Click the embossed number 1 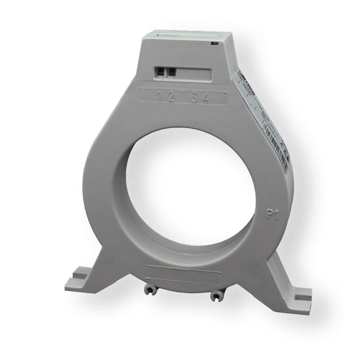[x=160, y=97]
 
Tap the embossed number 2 [x=170, y=97]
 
